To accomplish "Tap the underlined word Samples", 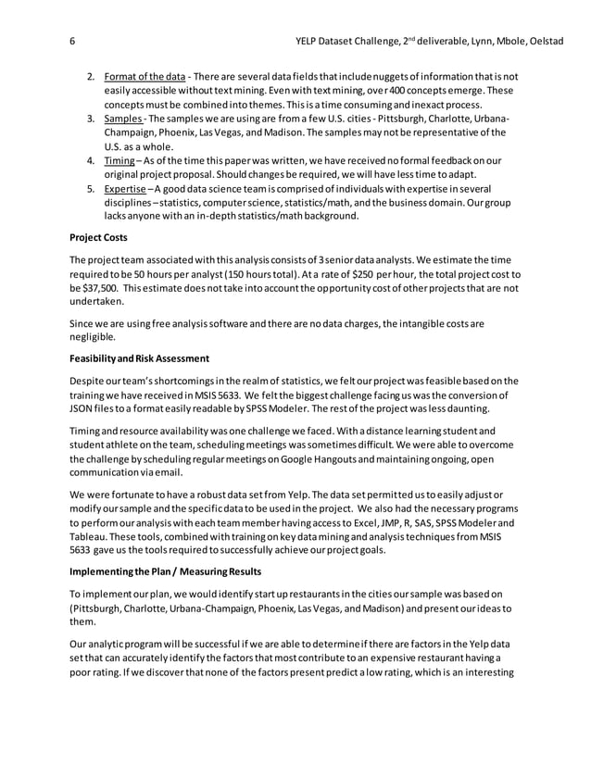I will click(123, 119).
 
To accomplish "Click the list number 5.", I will click(91, 191).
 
